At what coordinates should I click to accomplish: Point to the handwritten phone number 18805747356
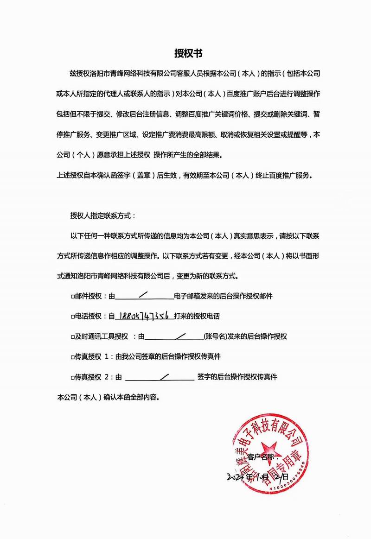tap(144, 316)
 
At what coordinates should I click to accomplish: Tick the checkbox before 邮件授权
tap(72, 296)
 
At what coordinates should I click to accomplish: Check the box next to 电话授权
tap(72, 317)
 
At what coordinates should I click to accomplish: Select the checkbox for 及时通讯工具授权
tap(72, 336)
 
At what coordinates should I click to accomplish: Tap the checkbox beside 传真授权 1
tap(72, 357)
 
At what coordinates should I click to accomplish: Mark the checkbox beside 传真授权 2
tap(72, 377)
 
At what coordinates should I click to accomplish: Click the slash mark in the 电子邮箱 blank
tap(144, 293)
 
